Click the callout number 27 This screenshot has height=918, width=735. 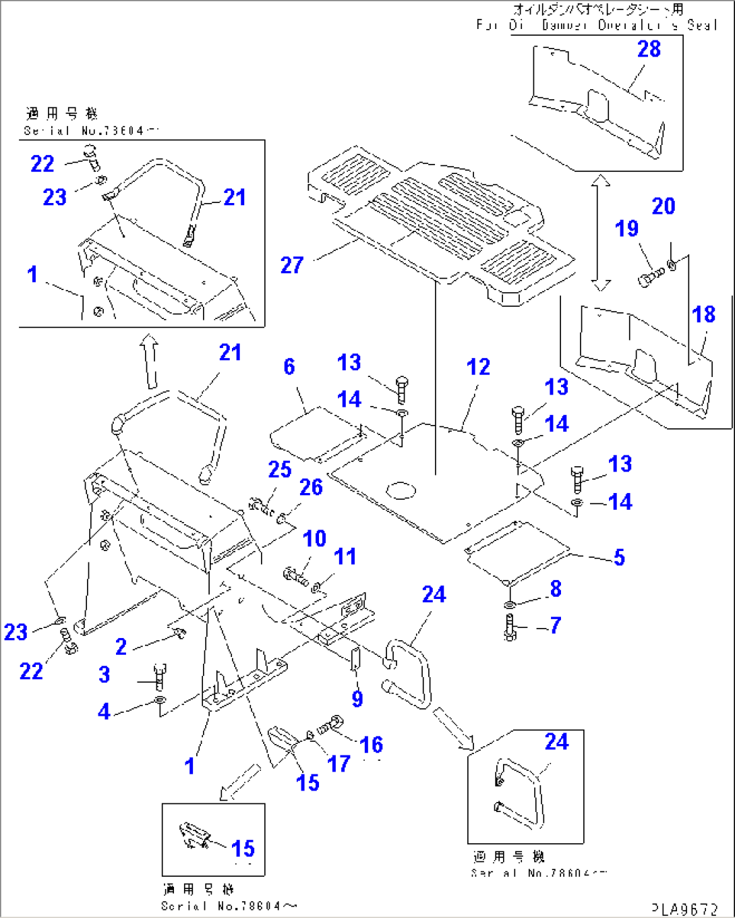pos(291,265)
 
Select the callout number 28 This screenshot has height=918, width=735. pos(649,49)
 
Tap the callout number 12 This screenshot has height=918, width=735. pos(478,367)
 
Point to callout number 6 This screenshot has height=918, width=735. pos(289,366)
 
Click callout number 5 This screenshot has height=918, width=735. pos(619,557)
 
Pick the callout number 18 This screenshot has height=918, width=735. pos(703,314)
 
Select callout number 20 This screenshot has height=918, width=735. pos(663,206)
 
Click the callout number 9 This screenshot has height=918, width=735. pos(357,699)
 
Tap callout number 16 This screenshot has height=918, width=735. pos(371,745)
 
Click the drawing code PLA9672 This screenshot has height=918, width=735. pos(685,909)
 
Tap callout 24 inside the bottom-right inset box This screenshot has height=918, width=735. pos(556,742)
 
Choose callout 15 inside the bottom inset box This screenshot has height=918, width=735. pos(243,848)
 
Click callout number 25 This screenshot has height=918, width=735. pos(279,469)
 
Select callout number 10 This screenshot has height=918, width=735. pos(314,539)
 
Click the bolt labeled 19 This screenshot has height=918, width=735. pos(649,277)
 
